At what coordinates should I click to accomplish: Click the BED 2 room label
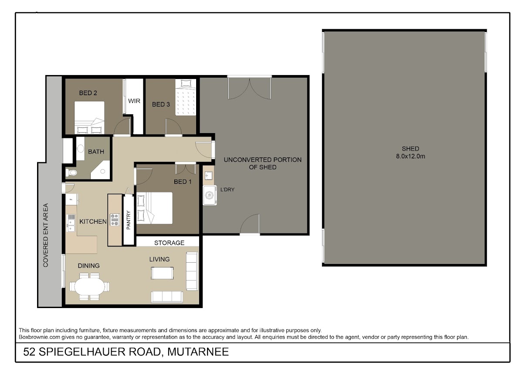(88, 93)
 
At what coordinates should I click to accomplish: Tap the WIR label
(134, 101)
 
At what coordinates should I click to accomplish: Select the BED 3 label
(161, 104)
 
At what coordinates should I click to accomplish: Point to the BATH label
(96, 152)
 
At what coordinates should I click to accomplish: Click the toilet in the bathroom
(71, 173)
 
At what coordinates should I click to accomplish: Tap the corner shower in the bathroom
(100, 170)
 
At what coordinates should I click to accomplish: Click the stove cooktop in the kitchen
(115, 220)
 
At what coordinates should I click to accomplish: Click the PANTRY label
(129, 220)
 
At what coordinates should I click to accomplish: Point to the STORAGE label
(169, 243)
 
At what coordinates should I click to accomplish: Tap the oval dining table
(90, 286)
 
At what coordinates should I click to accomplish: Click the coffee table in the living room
(162, 273)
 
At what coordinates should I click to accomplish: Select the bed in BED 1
(155, 208)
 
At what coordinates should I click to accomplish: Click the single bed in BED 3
(186, 97)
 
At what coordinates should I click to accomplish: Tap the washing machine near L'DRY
(210, 195)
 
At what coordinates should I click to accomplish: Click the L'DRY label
(228, 189)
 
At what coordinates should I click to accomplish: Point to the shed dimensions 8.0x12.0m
(411, 156)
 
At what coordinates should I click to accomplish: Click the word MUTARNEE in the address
(198, 352)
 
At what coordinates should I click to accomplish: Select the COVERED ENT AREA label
(45, 235)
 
